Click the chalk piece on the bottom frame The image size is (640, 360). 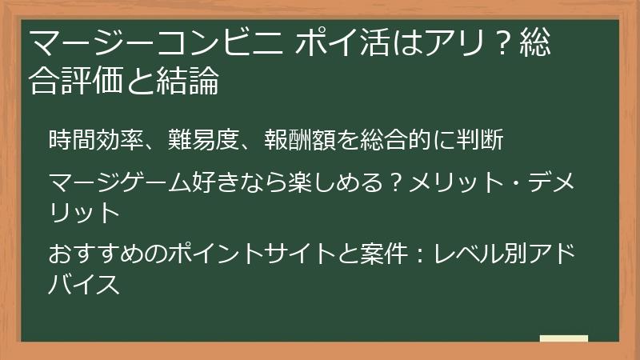click(564, 340)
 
